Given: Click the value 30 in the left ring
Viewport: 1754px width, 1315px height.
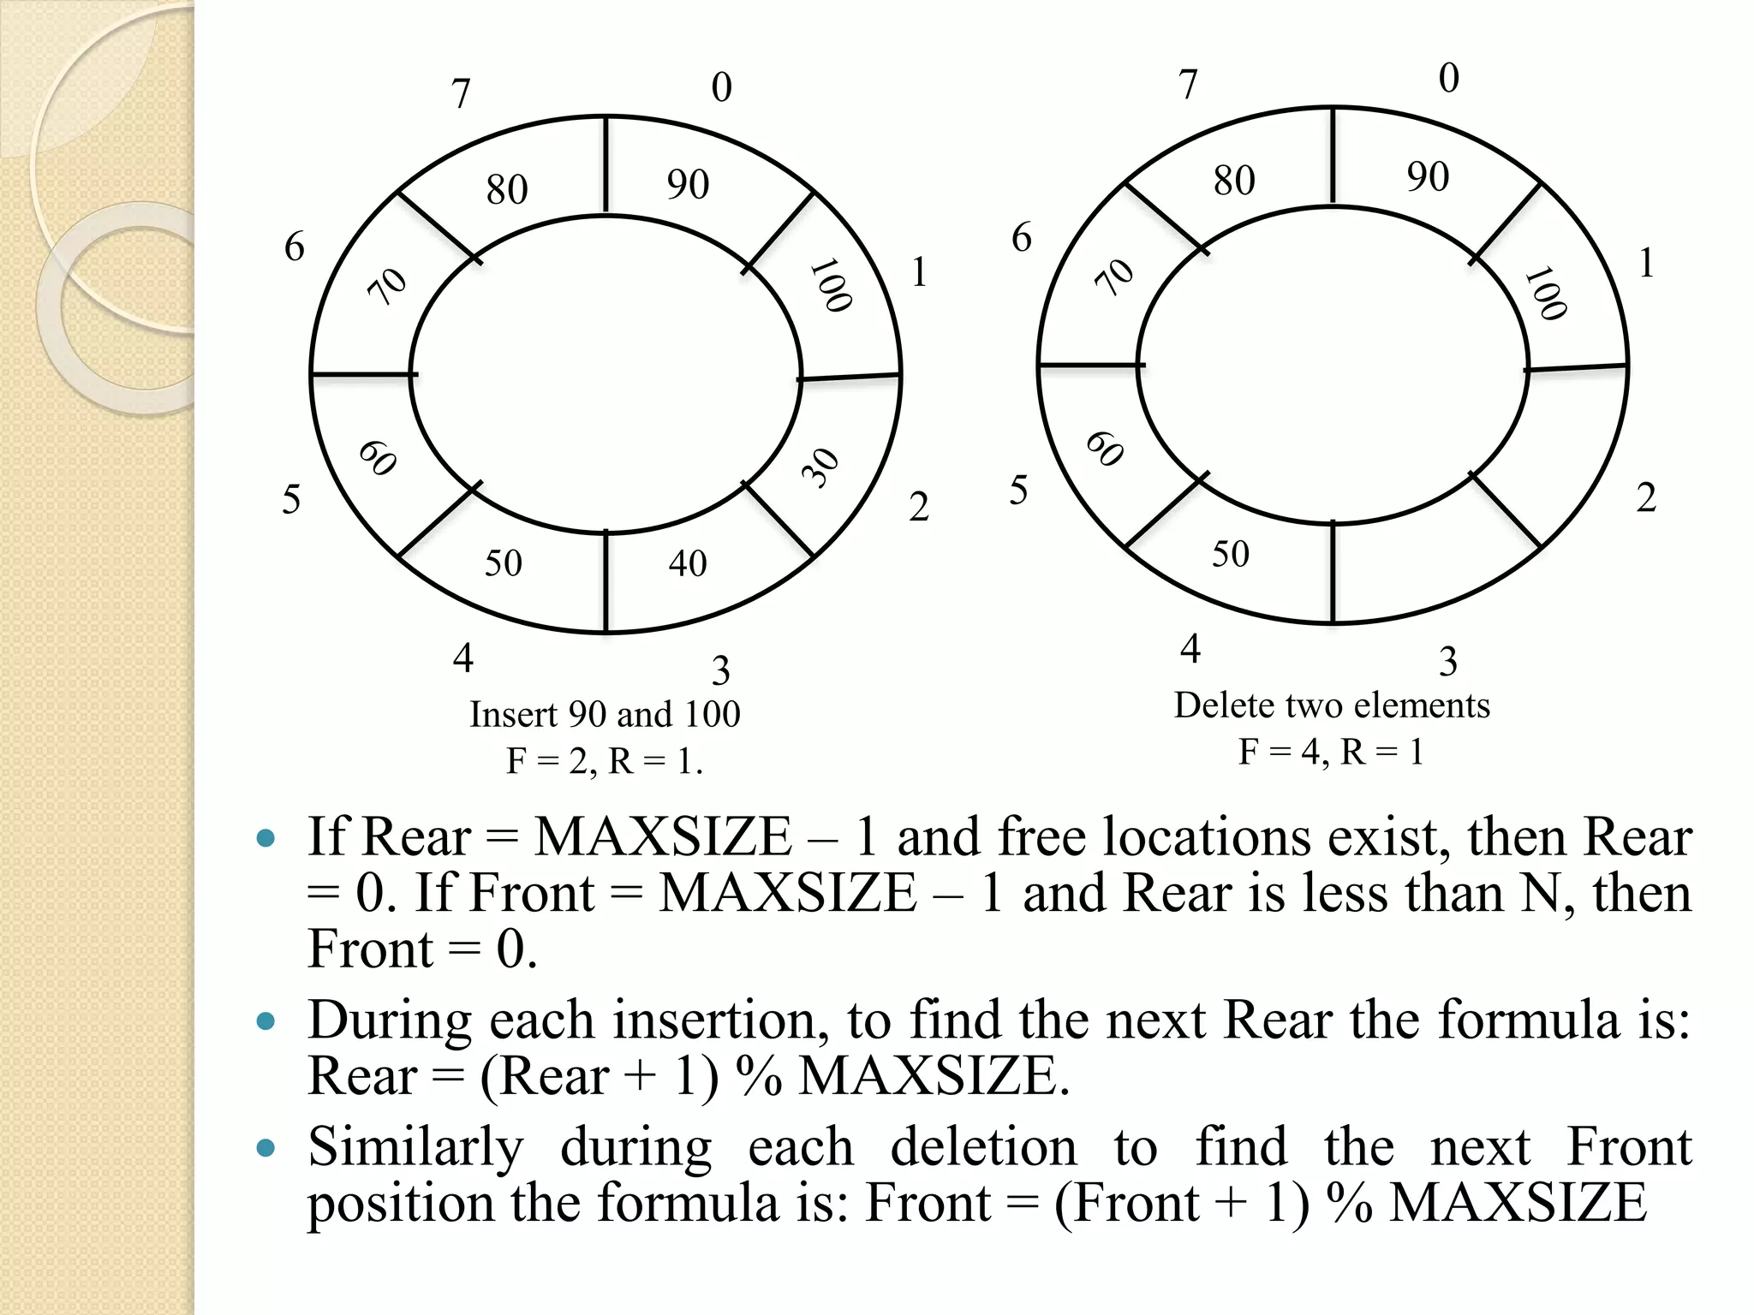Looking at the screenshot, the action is (x=821, y=467).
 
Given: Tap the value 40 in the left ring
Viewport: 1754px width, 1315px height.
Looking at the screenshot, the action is (x=688, y=563).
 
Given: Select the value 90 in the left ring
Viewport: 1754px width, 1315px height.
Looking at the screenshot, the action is (x=689, y=185).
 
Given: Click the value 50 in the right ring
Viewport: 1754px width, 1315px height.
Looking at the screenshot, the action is (x=1231, y=554).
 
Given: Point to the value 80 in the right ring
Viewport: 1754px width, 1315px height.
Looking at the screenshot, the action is (x=1234, y=181).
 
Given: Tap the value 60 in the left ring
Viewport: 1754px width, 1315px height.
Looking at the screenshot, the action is (x=378, y=457).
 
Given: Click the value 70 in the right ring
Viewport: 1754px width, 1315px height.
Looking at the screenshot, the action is (x=1115, y=277).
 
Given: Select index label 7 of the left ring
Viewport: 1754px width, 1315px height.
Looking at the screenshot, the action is (x=462, y=93).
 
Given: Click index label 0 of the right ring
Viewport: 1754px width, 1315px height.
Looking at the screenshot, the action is (x=1448, y=78).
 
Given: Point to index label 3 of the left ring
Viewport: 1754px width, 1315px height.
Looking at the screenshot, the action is (x=721, y=670).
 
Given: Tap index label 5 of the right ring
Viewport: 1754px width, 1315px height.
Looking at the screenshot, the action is (x=1018, y=491).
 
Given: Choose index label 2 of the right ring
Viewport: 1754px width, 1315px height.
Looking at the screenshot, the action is (x=1645, y=498).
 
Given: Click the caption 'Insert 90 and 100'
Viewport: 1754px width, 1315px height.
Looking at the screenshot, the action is (x=605, y=714).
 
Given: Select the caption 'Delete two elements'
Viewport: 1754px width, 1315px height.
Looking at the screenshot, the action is (x=1332, y=705).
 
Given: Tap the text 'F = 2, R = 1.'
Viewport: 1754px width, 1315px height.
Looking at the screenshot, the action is (x=605, y=760).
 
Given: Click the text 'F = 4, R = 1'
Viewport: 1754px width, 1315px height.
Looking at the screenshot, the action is (x=1331, y=752).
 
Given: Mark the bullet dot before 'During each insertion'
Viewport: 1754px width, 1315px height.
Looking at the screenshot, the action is (x=266, y=1020).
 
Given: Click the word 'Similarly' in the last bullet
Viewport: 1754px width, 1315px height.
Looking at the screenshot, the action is (x=415, y=1147).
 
